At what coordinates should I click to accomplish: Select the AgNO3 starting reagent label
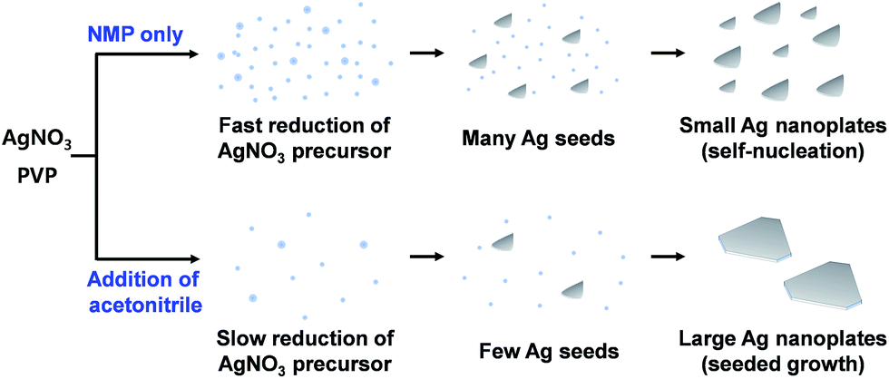click(37, 138)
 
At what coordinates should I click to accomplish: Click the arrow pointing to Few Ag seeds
click(425, 257)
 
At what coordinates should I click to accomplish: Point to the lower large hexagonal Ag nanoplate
click(823, 285)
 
